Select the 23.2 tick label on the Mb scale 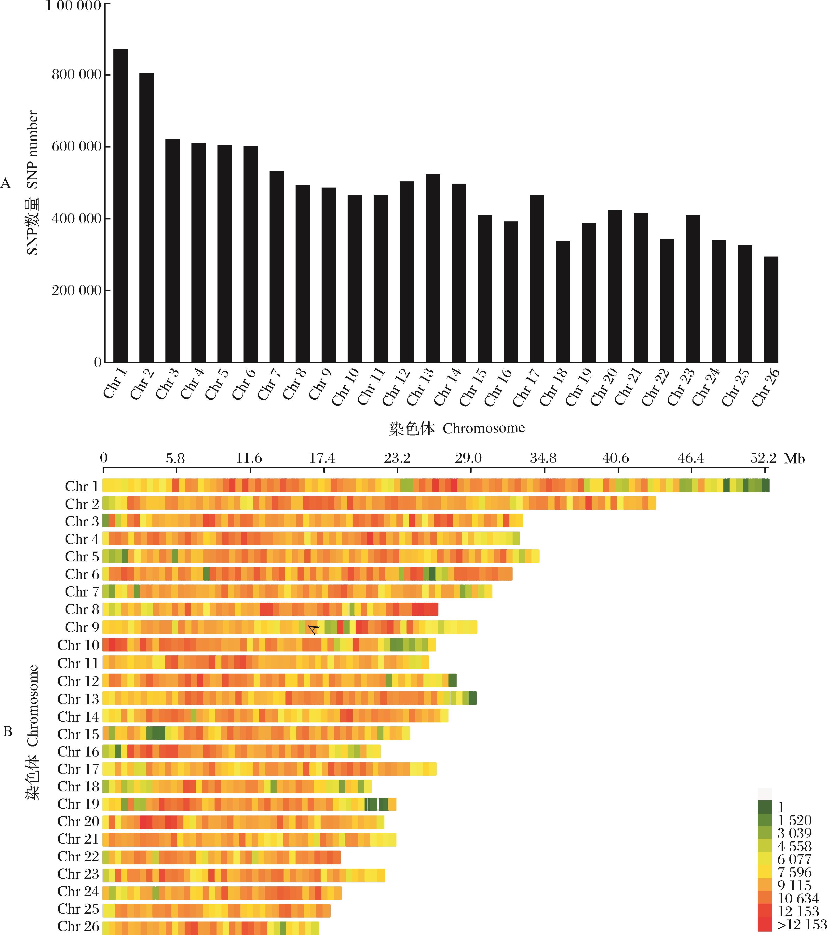pyautogui.click(x=397, y=458)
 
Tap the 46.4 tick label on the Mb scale pyautogui.click(x=691, y=458)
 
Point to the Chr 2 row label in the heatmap pyautogui.click(x=82, y=504)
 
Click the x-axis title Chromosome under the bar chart pyautogui.click(x=484, y=428)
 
